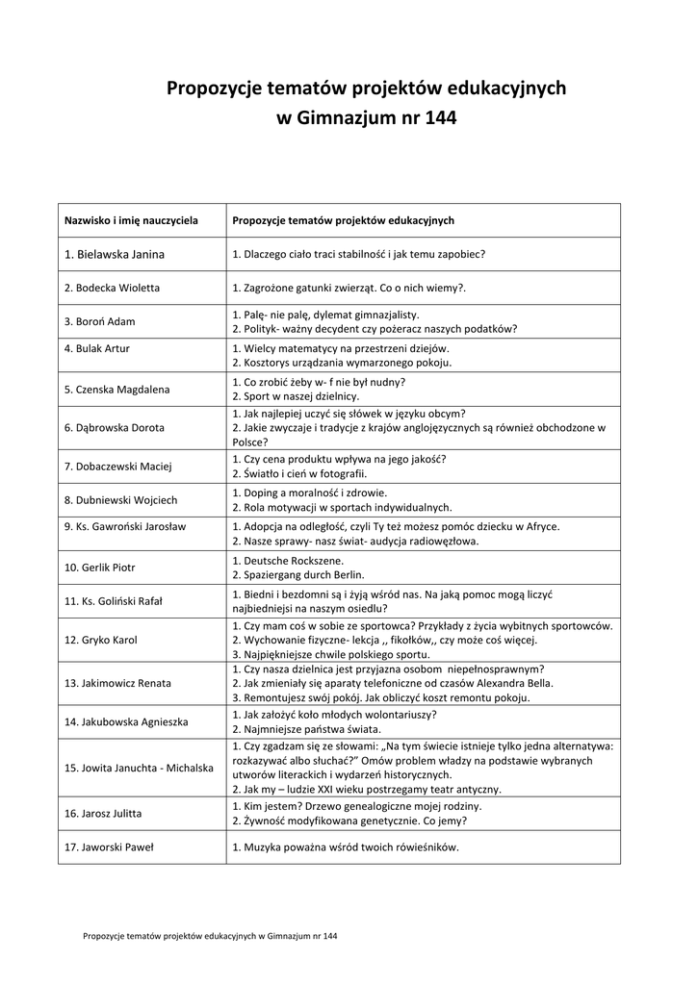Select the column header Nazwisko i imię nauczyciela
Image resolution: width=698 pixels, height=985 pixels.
[x=131, y=220]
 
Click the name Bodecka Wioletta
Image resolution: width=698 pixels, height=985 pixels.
[x=112, y=288]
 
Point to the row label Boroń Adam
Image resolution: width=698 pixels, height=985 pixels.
[x=99, y=321]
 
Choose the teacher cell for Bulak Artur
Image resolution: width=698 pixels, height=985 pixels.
[x=96, y=348]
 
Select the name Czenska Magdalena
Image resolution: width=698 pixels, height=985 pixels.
[x=116, y=390]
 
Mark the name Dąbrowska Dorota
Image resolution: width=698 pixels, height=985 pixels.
[x=114, y=427]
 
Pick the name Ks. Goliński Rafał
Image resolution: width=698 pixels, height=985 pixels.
[x=113, y=601]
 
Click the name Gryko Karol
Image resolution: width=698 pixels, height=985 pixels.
[x=100, y=640]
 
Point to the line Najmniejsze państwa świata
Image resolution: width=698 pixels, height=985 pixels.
[x=300, y=729]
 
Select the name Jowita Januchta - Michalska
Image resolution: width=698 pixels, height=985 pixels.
[x=139, y=769]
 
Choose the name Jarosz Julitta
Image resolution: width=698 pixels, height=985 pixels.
[x=102, y=814]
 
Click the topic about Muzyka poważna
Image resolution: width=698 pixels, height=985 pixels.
[x=346, y=847]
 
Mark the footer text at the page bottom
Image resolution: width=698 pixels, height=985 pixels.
[x=210, y=935]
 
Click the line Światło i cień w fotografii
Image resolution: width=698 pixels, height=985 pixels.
[x=299, y=473]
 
